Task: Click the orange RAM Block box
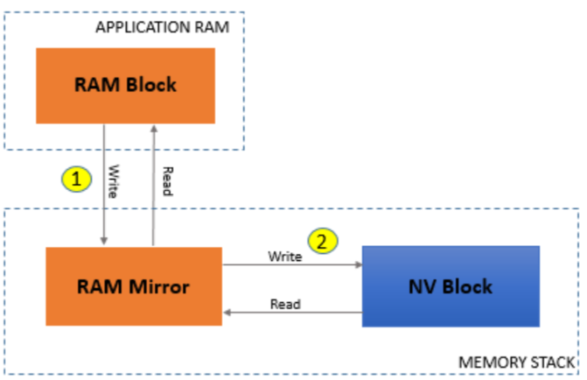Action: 125,85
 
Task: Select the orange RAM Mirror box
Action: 133,286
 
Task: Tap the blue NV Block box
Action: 451,286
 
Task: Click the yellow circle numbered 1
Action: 78,179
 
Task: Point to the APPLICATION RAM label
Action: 162,26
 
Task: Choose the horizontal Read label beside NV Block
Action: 285,304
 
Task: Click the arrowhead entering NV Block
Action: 358,264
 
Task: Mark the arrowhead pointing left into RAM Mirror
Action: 227,312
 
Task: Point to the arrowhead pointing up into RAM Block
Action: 154,128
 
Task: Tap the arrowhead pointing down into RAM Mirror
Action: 105,242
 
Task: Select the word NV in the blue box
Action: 423,286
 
